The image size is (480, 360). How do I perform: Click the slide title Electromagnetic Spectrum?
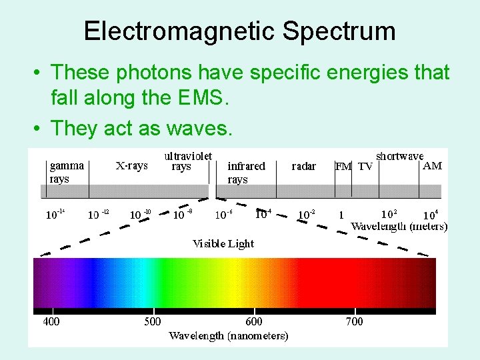240,31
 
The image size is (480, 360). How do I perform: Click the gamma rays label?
67,172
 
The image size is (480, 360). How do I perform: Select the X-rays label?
131,165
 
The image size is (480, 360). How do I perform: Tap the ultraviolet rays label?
188,161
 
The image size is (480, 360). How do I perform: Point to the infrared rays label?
246,172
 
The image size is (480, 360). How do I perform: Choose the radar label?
304,166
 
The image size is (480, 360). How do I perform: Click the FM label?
343,167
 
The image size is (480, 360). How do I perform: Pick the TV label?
365,167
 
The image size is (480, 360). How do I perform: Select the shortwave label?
399,156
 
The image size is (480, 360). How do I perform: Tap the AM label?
432,166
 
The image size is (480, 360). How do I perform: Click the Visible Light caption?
223,243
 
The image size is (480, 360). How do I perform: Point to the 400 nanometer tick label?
51,321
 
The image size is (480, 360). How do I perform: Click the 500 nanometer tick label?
153,321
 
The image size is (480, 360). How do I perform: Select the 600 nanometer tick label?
254,321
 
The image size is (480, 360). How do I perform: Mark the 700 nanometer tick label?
355,321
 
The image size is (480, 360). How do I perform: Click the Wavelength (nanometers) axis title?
229,335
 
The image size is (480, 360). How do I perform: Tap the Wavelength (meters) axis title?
399,226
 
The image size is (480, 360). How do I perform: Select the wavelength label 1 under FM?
341,215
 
